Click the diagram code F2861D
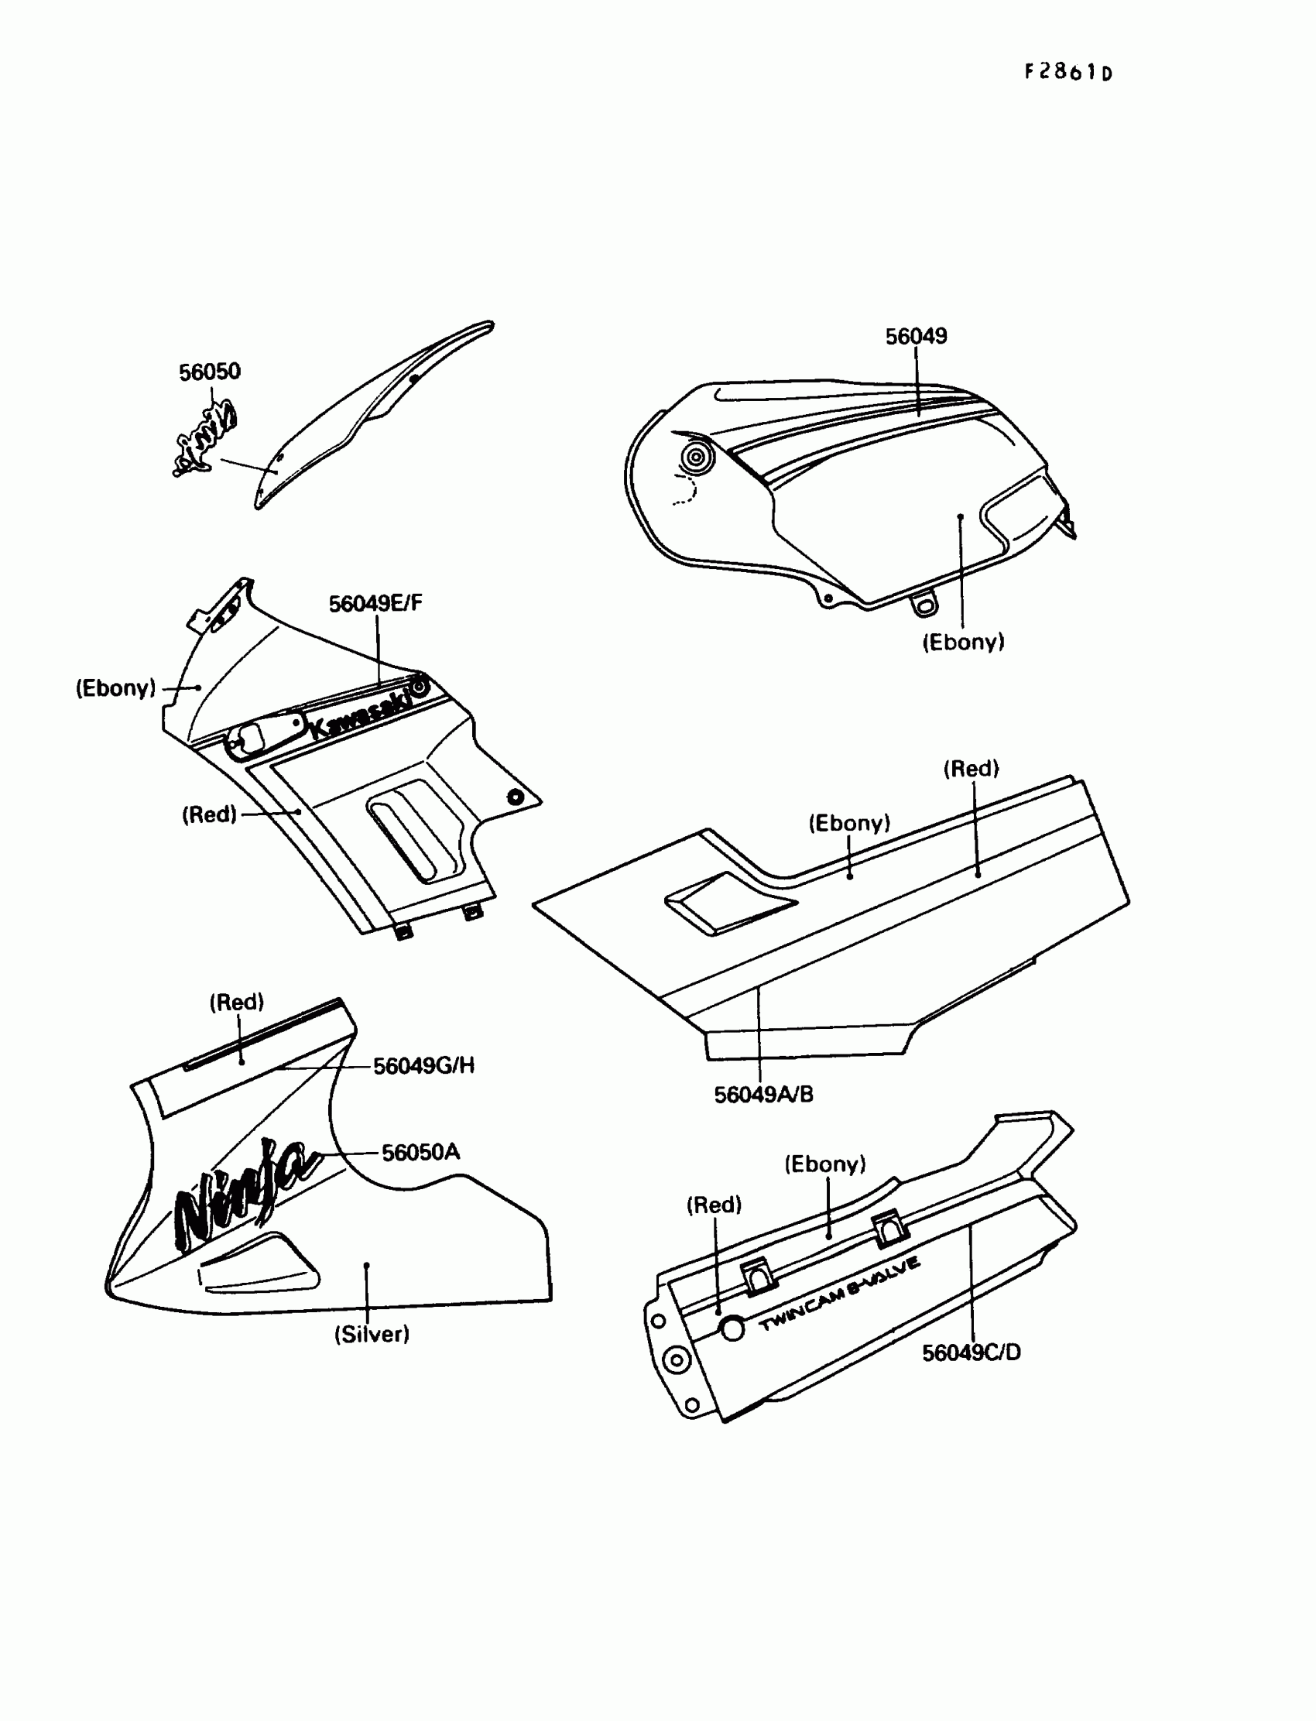point(1068,72)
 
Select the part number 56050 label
point(209,372)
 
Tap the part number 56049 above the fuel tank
point(916,336)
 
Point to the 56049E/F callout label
point(375,603)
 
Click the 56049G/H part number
point(423,1065)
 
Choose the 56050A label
point(420,1152)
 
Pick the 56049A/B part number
point(764,1095)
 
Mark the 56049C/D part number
point(972,1352)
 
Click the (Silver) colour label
point(372,1334)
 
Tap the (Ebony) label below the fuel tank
point(963,643)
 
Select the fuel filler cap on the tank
point(696,457)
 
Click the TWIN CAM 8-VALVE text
point(840,1294)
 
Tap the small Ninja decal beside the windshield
point(205,439)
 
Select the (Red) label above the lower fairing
point(237,1002)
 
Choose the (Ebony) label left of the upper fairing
point(116,687)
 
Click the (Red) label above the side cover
point(971,769)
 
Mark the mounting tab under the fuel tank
point(924,605)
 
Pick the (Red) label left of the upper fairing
point(209,814)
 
